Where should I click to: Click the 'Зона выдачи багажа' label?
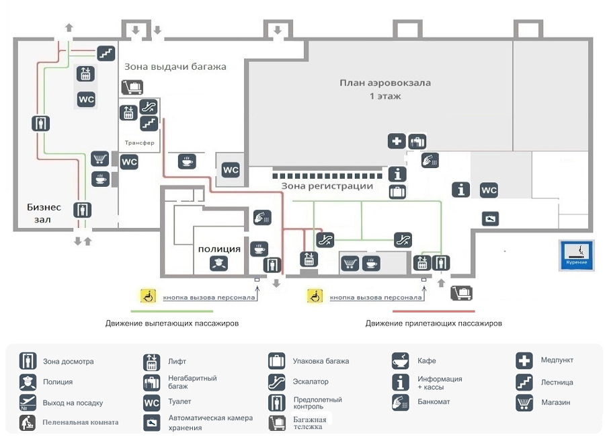(175, 67)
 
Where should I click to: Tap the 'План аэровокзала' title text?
(385, 83)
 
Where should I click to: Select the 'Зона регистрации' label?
(327, 186)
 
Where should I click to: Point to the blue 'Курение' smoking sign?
(576, 255)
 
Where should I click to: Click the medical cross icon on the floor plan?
(397, 141)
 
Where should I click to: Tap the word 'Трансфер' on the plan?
(140, 143)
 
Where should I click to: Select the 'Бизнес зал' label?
(44, 213)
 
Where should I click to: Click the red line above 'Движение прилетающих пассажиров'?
(434, 311)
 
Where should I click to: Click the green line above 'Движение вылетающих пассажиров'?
(171, 311)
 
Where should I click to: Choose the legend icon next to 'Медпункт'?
(524, 360)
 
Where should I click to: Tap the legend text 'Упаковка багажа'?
(321, 361)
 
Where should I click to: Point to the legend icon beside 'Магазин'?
(524, 403)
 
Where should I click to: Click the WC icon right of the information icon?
(489, 190)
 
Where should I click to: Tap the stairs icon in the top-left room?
(106, 52)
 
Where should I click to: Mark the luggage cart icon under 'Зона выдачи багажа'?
(132, 87)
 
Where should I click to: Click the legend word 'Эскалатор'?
(311, 382)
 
